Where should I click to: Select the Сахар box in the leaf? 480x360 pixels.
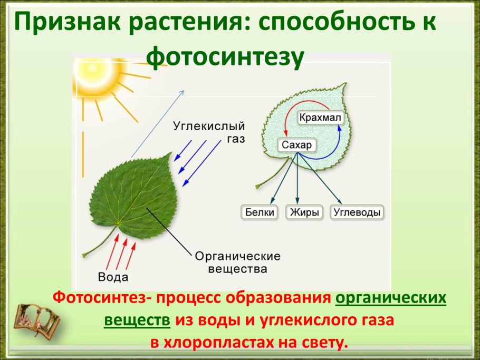click(296, 145)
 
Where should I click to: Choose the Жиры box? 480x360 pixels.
click(304, 212)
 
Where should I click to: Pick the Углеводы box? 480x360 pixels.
click(357, 212)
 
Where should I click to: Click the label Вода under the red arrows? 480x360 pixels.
click(113, 277)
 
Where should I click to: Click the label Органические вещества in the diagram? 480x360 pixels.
click(237, 262)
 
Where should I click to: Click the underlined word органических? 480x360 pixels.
click(391, 298)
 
